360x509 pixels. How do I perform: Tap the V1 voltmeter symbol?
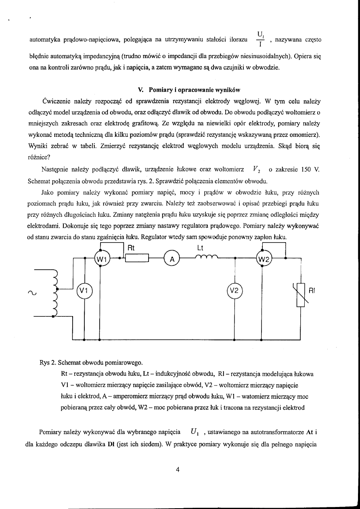tap(85, 290)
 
